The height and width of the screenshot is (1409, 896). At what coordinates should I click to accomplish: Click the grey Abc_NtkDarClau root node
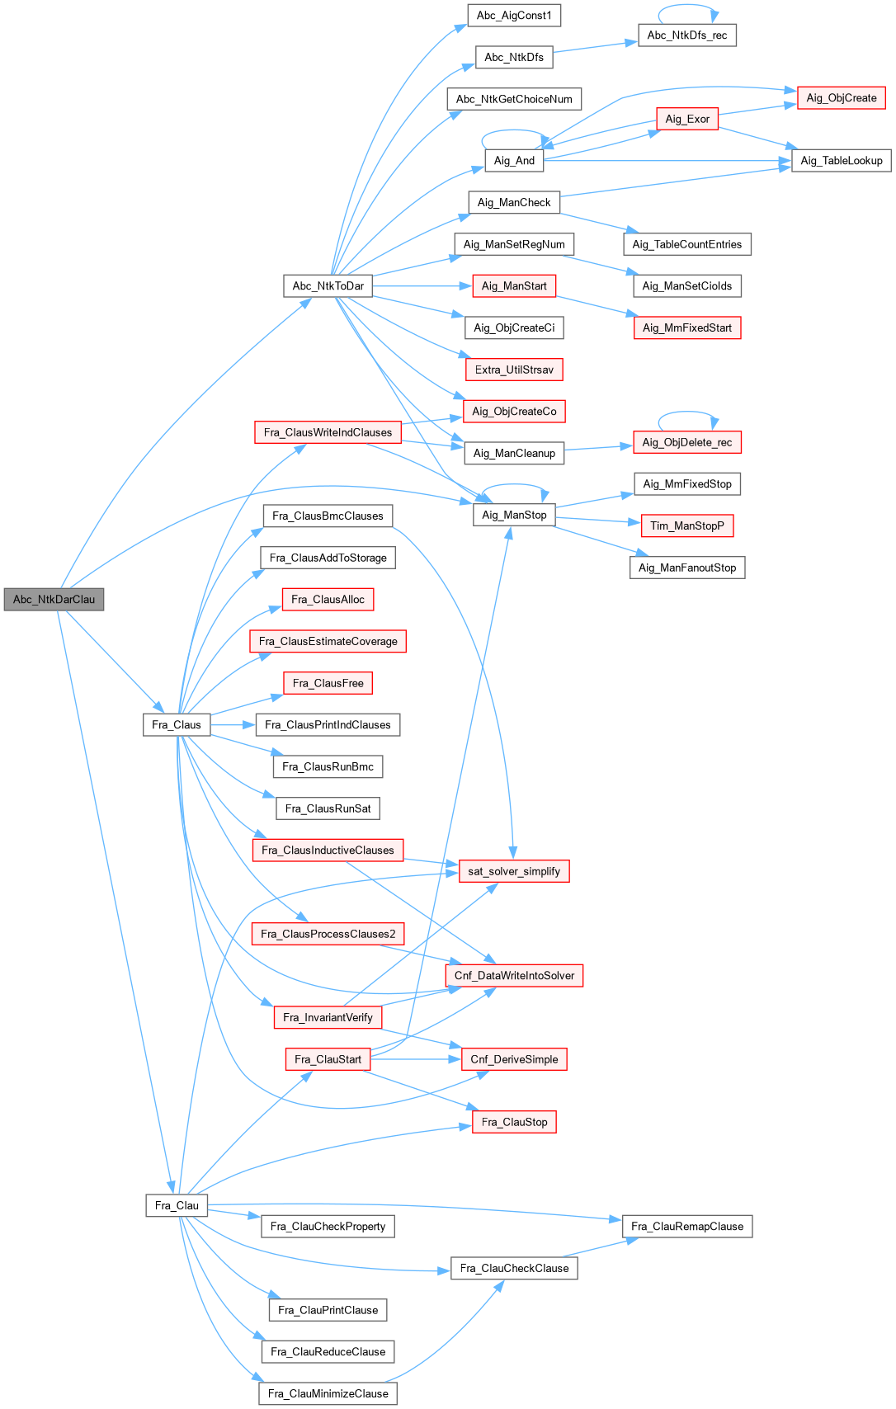(54, 600)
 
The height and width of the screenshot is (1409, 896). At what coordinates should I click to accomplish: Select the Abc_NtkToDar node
(328, 286)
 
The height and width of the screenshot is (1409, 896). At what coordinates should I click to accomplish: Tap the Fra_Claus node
(177, 725)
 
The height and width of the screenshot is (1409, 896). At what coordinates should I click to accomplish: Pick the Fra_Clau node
(177, 1205)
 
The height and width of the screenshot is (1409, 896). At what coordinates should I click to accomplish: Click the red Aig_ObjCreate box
(842, 98)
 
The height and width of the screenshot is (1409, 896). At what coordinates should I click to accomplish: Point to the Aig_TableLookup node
(842, 161)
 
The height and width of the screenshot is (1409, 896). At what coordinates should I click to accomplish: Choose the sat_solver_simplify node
(514, 871)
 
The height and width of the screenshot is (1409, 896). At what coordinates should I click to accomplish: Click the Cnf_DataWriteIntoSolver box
(514, 976)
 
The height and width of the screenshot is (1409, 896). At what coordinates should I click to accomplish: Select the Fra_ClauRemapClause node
(687, 1227)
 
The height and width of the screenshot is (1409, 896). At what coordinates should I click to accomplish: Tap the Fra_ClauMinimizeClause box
(328, 1393)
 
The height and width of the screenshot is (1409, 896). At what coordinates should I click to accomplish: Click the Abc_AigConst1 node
(514, 16)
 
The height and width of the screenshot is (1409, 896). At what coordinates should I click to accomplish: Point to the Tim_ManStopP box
(687, 526)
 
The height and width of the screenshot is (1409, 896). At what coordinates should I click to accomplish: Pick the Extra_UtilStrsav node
(514, 370)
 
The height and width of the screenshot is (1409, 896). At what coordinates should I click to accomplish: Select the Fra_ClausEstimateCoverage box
(328, 642)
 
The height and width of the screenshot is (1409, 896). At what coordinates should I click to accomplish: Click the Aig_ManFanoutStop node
(687, 568)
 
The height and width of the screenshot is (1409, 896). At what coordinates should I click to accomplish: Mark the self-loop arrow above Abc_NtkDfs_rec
(687, 6)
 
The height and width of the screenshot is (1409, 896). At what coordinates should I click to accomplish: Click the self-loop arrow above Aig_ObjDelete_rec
(687, 412)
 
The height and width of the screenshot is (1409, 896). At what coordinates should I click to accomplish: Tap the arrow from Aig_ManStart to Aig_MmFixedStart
(594, 305)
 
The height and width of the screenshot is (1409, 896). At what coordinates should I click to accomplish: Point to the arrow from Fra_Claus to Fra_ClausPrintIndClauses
(233, 725)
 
